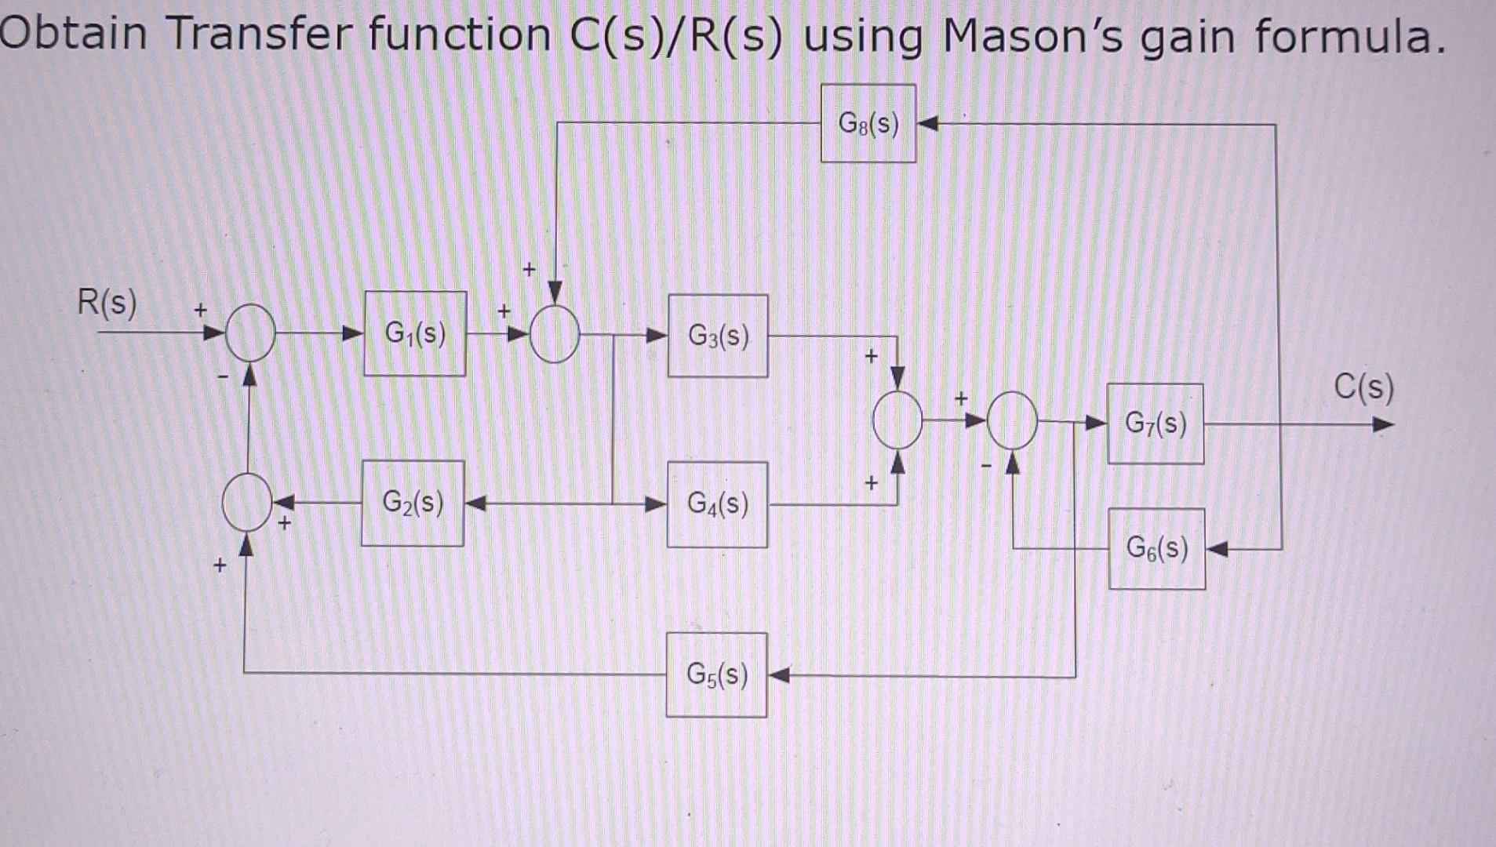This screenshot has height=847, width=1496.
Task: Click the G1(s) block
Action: pos(415,334)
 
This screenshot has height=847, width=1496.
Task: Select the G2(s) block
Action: pos(413,503)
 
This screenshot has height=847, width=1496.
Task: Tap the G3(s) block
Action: pos(718,336)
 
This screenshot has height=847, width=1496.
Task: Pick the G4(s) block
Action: pos(717,504)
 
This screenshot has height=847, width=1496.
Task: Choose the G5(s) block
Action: pos(716,674)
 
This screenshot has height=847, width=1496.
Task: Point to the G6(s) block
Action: pos(1157,548)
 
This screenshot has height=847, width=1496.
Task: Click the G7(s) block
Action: pos(1156,424)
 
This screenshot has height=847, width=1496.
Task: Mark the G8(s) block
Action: pos(868,123)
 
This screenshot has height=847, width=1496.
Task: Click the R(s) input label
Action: pos(107,302)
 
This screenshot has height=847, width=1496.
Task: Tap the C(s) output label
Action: pos(1364,387)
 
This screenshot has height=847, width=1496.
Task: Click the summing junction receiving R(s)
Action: pos(250,333)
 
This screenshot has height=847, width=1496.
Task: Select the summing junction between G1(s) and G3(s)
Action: pos(555,335)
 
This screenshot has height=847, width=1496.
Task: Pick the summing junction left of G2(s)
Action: pos(247,503)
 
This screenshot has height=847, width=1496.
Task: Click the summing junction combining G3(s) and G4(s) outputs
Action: pos(897,420)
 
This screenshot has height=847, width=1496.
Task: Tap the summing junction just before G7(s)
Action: pos(1012,421)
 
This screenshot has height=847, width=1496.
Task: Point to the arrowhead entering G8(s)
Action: pos(927,124)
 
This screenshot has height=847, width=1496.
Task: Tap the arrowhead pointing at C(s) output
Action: pos(1383,425)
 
